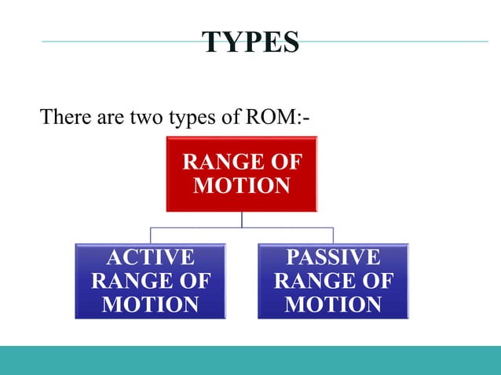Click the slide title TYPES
[x=251, y=42]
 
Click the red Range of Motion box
[x=242, y=174]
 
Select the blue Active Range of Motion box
[x=151, y=281]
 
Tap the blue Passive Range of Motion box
[x=334, y=281]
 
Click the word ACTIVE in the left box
[x=151, y=257]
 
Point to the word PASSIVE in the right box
[x=334, y=257]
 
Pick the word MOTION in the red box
[x=242, y=187]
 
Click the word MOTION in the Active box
[x=151, y=304]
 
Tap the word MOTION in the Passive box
[x=334, y=304]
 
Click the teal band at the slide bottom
[x=251, y=360]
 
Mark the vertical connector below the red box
[x=242, y=220]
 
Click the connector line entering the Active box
[x=151, y=235]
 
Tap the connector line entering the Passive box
[x=334, y=235]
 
